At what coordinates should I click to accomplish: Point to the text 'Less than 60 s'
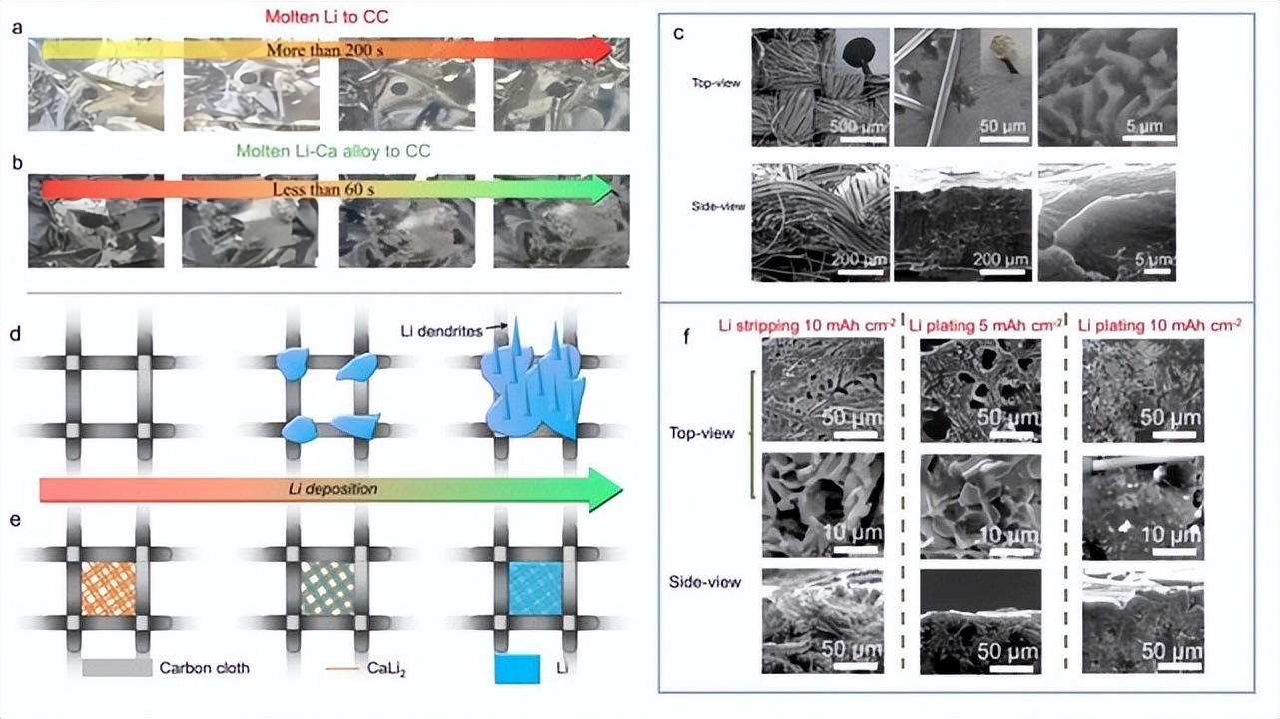(326, 187)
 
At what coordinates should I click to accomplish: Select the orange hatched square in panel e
(106, 586)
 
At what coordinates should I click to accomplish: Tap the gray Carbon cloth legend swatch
(115, 668)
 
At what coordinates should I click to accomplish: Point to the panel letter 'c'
(678, 33)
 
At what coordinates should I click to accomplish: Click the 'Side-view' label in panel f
(706, 581)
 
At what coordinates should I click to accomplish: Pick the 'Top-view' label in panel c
(714, 83)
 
